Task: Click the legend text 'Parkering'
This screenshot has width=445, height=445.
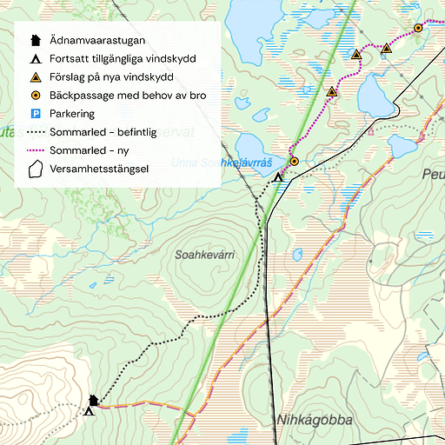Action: coord(72,114)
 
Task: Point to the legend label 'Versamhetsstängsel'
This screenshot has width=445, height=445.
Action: coord(99,169)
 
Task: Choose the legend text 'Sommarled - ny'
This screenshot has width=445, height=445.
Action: coord(90,150)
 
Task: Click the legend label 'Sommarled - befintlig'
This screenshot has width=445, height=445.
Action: coord(103,132)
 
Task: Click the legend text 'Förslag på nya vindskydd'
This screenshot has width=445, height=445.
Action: coord(112,77)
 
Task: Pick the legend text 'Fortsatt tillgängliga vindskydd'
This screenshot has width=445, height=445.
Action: coord(123,59)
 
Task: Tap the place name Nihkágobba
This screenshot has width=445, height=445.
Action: coord(315,421)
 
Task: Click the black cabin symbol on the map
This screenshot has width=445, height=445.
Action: coord(94,400)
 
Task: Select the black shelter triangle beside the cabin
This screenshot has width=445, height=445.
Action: coord(89,411)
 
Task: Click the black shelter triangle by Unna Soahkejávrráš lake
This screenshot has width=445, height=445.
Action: coord(278,177)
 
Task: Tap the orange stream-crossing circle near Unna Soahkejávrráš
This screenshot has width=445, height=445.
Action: coord(294,161)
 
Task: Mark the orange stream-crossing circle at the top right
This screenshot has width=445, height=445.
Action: coord(418,28)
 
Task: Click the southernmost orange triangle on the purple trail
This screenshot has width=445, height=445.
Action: coord(331,91)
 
